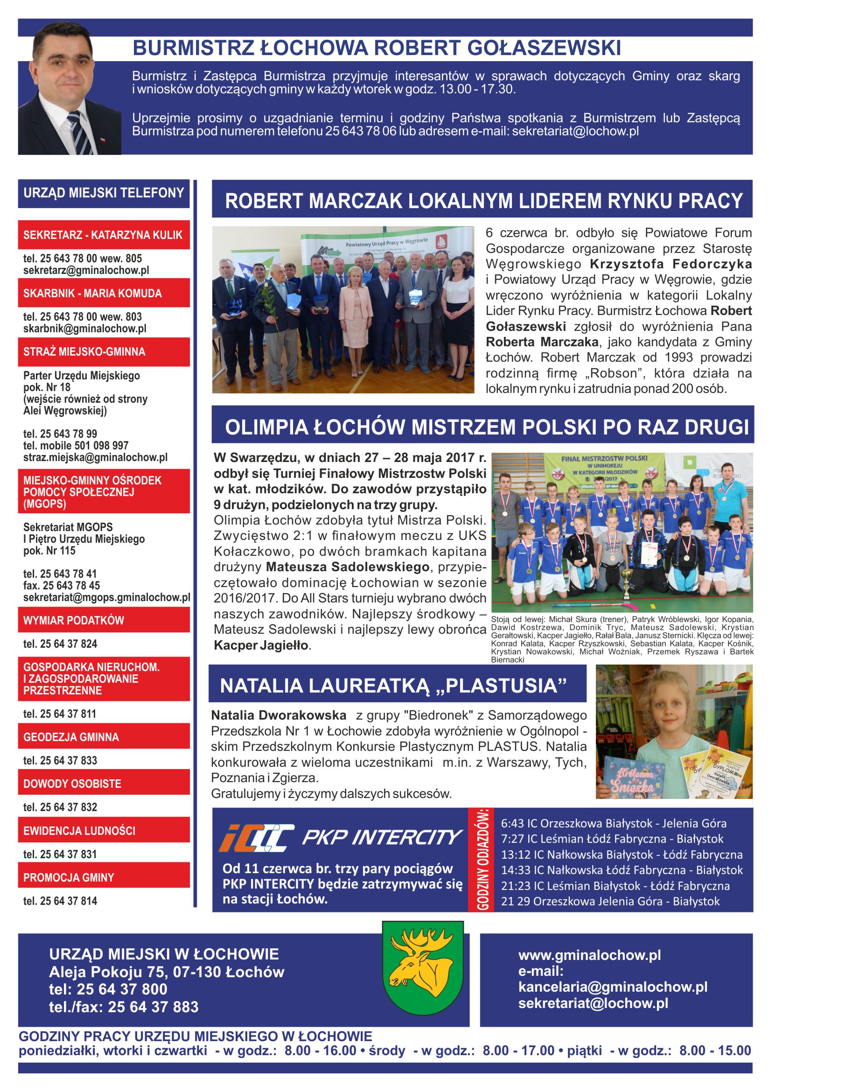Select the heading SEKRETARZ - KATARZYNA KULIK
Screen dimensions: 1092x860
[x=103, y=235]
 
